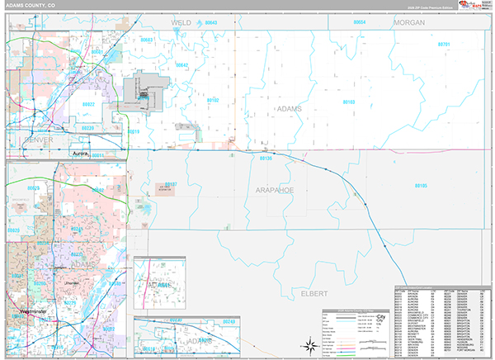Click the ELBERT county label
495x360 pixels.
(313, 293)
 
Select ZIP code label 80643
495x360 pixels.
(211, 22)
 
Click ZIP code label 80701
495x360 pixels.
(445, 44)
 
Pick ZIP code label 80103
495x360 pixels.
(348, 102)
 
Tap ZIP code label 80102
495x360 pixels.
(213, 100)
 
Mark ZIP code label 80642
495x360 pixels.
(181, 64)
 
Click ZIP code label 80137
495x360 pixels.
(172, 183)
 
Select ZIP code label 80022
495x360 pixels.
(87, 104)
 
